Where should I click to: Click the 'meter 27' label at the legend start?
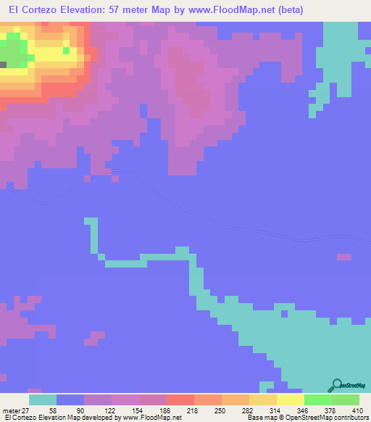(x=16, y=410)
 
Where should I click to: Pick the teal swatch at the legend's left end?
(x=43, y=400)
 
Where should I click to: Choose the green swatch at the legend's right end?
(x=346, y=400)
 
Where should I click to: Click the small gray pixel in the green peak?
(x=3, y=65)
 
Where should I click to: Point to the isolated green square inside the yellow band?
(x=67, y=51)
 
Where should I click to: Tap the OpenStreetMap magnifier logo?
(x=336, y=386)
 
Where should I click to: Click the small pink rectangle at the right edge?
(x=344, y=257)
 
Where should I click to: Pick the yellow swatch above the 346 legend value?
(x=291, y=400)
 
